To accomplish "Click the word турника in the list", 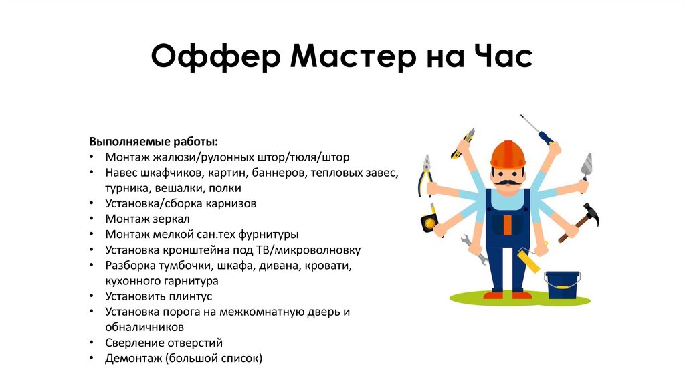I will [x=127, y=188].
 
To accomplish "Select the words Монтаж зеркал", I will [x=147, y=219].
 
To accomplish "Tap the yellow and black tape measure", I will [x=428, y=223].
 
